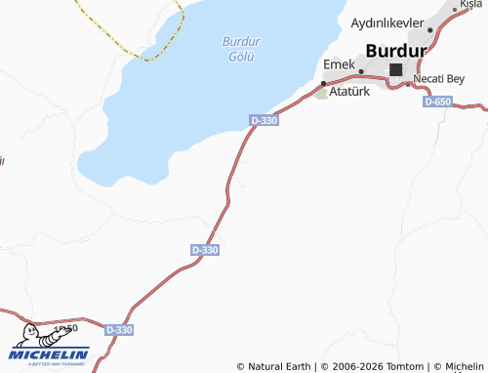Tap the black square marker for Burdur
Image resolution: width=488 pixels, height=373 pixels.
(396, 69)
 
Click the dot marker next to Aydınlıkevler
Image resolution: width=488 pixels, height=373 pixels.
(430, 30)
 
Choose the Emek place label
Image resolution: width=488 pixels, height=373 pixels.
(338, 64)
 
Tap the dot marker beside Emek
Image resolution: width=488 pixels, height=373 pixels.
(361, 70)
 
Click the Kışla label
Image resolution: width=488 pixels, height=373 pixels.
(472, 5)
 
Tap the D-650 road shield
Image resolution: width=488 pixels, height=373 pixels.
(438, 102)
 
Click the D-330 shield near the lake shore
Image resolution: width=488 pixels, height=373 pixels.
(264, 120)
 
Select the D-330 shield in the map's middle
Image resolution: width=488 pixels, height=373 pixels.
(205, 250)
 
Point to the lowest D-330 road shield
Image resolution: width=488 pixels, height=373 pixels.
(117, 330)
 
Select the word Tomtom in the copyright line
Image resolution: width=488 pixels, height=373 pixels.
(405, 366)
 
